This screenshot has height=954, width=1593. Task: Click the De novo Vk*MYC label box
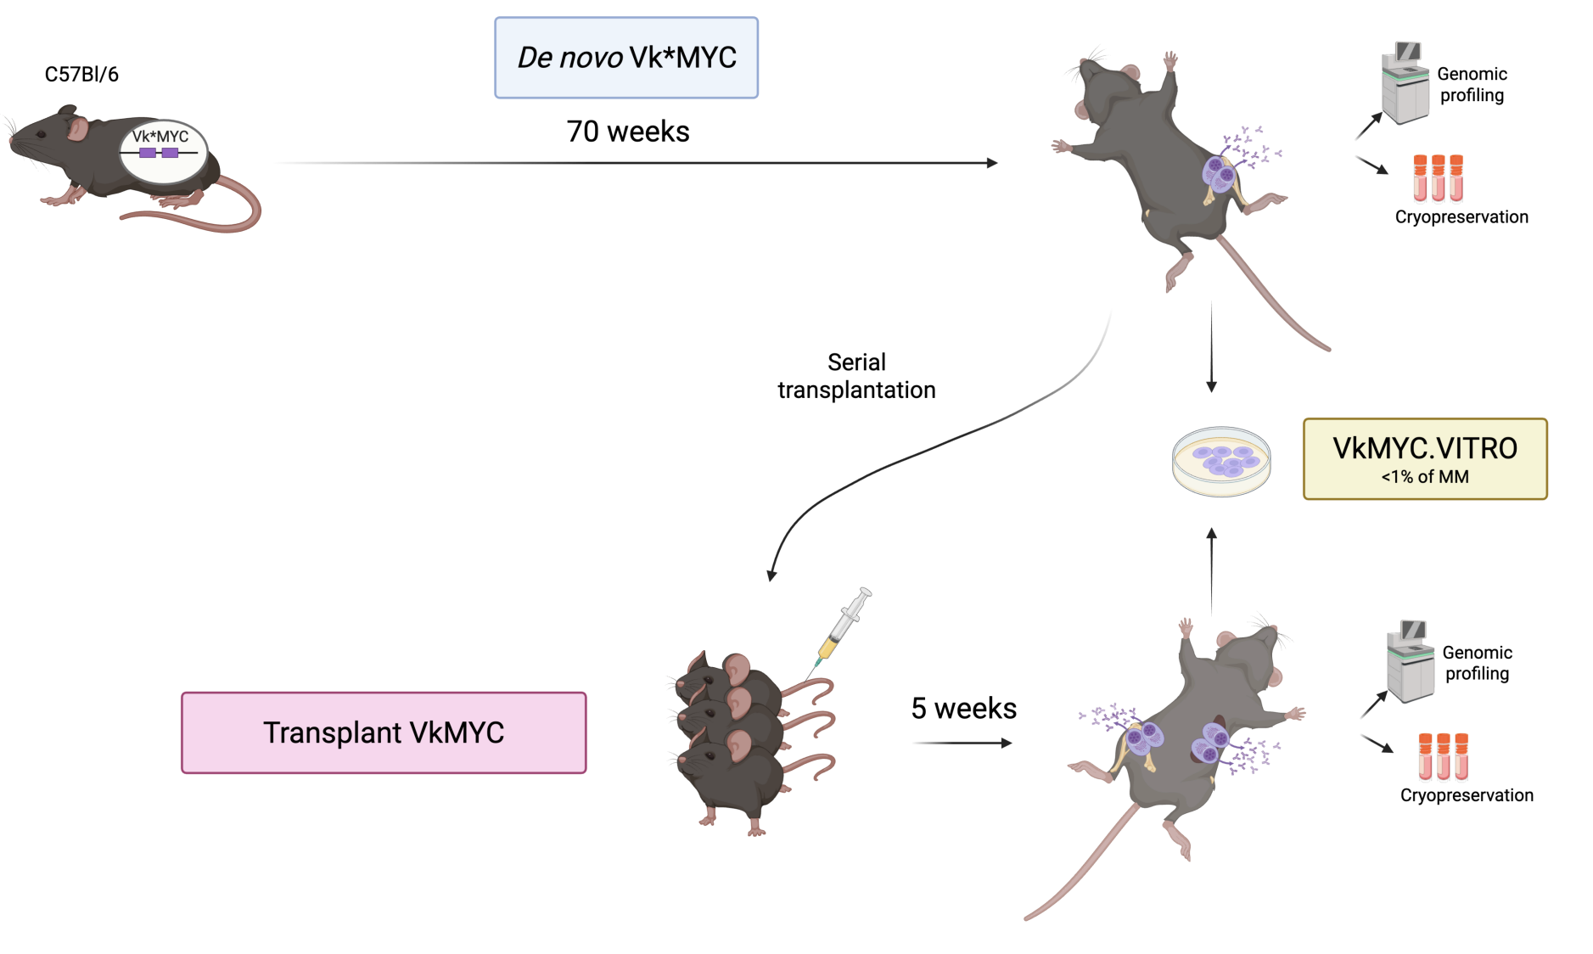[x=626, y=58]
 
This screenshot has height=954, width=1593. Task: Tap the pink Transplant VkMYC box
[x=384, y=732]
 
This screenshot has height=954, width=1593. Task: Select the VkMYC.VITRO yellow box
[x=1425, y=458]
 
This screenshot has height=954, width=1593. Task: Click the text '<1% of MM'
[x=1425, y=477]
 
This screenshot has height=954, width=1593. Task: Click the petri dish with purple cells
[x=1221, y=461]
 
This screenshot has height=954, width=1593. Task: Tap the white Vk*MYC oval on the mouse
[x=163, y=150]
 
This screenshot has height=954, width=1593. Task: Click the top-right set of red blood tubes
[x=1439, y=179]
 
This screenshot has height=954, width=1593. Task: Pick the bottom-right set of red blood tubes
[x=1443, y=758]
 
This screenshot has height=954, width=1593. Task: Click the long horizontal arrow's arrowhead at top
[x=993, y=163]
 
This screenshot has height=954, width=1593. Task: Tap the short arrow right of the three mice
[x=962, y=743]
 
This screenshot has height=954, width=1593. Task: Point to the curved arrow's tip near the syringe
[x=771, y=576]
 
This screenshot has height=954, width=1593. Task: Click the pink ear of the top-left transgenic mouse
[x=78, y=128]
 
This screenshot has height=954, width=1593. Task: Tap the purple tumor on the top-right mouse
[x=1220, y=174]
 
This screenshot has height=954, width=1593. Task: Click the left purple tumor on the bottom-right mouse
[x=1144, y=737]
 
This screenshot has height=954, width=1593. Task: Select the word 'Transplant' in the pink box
[x=333, y=732]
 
